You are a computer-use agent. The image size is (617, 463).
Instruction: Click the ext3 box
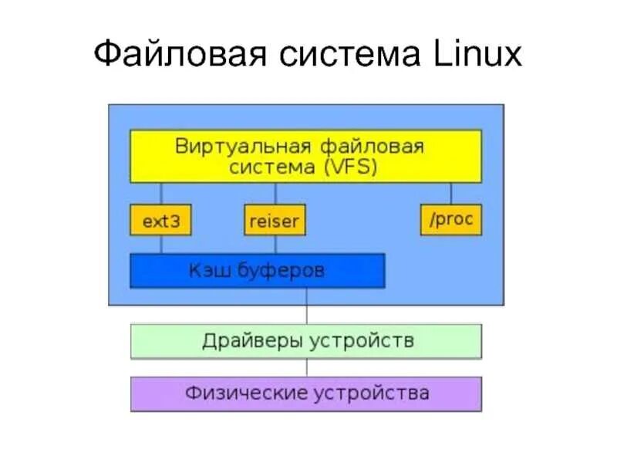160,221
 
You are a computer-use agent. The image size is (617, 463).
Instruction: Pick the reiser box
275,221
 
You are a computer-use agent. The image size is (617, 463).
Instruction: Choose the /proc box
451,220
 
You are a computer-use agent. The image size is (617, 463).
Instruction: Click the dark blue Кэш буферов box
257,271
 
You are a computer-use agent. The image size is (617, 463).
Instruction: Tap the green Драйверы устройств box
306,341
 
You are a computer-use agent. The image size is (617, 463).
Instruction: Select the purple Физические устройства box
306,394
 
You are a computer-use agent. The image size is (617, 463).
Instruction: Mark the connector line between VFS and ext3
160,194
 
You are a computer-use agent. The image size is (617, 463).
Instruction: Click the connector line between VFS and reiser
275,194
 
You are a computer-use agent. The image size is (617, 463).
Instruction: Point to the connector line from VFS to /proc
451,194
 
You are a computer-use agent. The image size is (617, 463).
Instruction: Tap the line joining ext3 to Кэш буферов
160,245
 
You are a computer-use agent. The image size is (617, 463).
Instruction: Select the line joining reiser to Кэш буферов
275,245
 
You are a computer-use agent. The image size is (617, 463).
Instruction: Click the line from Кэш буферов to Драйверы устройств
306,306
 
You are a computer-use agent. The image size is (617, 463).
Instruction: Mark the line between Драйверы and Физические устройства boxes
306,367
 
